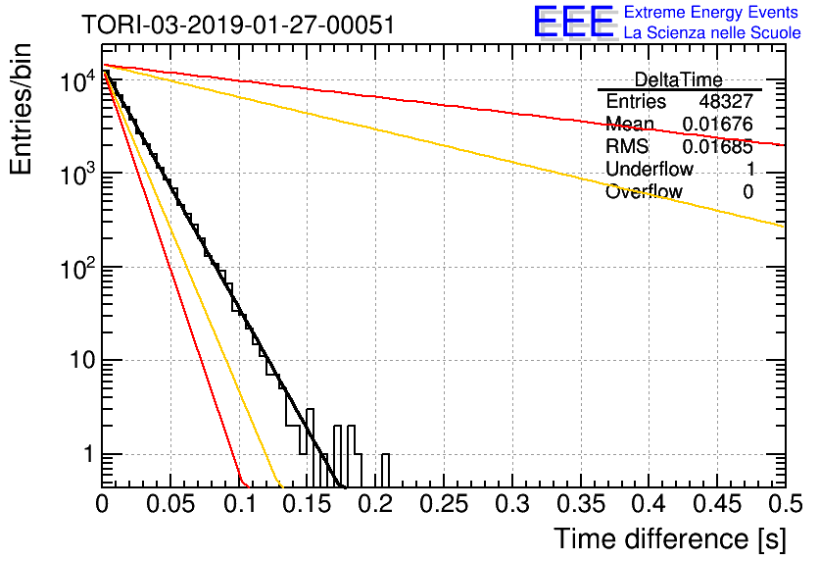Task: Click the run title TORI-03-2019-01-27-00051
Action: [x=238, y=25]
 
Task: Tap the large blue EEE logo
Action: [x=574, y=22]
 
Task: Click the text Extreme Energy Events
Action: [x=711, y=12]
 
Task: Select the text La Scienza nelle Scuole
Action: [x=712, y=32]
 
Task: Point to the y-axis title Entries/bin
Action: [x=21, y=109]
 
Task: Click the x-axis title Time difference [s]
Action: [x=670, y=539]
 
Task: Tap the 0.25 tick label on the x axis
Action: [x=444, y=504]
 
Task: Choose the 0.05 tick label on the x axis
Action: [x=170, y=504]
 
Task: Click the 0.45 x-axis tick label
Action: [x=718, y=504]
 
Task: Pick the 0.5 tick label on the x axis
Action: [x=785, y=504]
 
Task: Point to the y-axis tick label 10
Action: [x=83, y=360]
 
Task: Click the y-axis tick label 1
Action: [x=89, y=454]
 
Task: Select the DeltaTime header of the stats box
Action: [x=679, y=79]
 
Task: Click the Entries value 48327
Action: [x=726, y=101]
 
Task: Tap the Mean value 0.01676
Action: [x=718, y=125]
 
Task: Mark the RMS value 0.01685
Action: [x=718, y=147]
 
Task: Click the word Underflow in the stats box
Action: [x=650, y=169]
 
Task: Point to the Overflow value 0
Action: [x=747, y=192]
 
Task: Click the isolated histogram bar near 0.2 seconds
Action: [x=385, y=470]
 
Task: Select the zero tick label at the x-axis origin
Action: [x=102, y=504]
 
